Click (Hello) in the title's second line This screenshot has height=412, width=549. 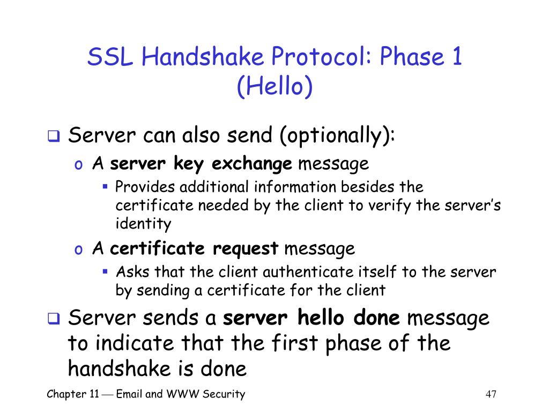click(274, 86)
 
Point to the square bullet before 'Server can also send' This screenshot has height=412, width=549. click(54, 136)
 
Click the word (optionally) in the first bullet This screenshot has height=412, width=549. click(337, 136)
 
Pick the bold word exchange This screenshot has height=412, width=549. click(252, 164)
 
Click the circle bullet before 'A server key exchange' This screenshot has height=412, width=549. click(78, 165)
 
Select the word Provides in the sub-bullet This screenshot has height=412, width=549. click(145, 187)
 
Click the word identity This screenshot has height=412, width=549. click(144, 224)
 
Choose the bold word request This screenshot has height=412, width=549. click(246, 249)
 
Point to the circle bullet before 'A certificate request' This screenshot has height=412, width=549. click(78, 250)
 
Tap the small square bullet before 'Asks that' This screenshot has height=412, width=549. click(105, 271)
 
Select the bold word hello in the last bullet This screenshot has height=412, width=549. click(321, 318)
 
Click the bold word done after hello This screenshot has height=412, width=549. click(376, 318)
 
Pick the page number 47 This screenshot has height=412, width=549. click(491, 394)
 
